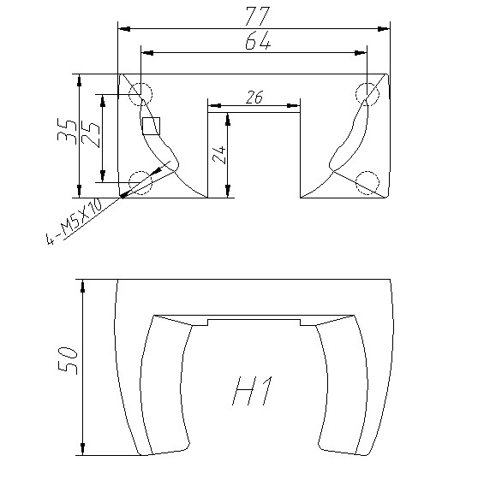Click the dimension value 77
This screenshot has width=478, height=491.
[258, 16]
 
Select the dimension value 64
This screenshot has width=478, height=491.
[258, 41]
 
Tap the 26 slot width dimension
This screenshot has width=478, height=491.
[254, 97]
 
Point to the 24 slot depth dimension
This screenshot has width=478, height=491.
[219, 155]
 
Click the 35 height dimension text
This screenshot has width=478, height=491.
[67, 132]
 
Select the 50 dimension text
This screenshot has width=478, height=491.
[68, 360]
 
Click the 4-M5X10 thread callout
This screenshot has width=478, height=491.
[75, 222]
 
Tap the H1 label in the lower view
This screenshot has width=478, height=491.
[252, 391]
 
